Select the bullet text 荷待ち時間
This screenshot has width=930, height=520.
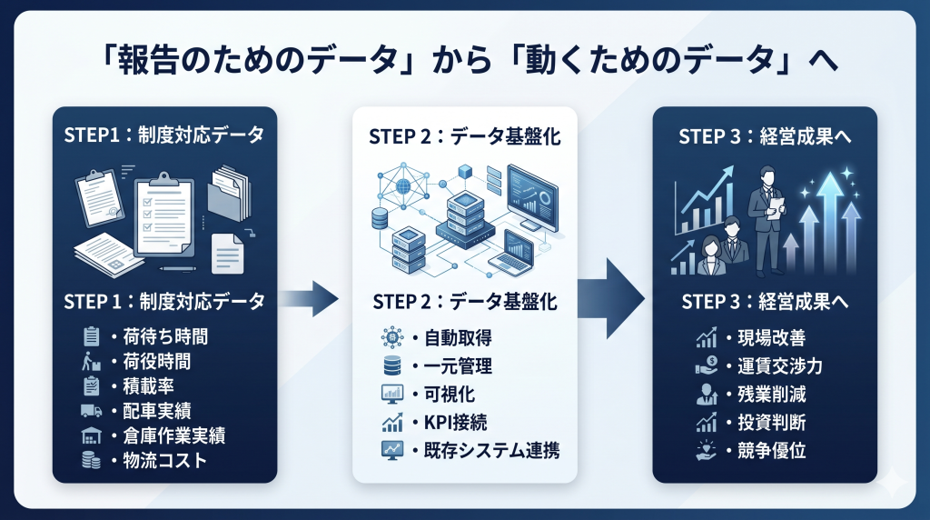click(x=163, y=336)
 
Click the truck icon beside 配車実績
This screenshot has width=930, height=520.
click(x=90, y=411)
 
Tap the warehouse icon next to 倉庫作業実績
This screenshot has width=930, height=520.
click(x=90, y=435)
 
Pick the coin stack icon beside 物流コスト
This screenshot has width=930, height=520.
click(x=90, y=460)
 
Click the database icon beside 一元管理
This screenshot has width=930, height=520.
click(x=391, y=366)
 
